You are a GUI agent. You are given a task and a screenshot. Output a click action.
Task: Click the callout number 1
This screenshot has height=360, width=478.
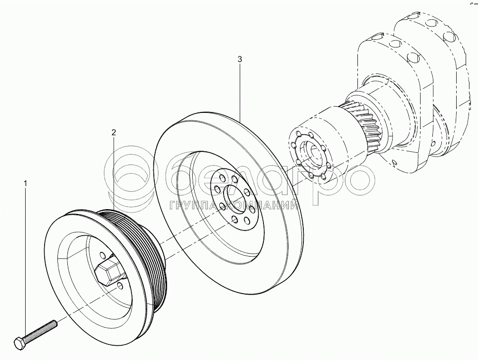pos(26,184)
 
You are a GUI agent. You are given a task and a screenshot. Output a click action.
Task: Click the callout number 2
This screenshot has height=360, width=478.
pos(113,132)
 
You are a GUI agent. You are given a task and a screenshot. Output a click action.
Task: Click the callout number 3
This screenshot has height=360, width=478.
pos(240,59)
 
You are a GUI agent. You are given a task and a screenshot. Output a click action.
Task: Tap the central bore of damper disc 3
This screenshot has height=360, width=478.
pos(235,197)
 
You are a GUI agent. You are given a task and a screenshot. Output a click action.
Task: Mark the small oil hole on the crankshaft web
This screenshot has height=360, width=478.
pos(395,162)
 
